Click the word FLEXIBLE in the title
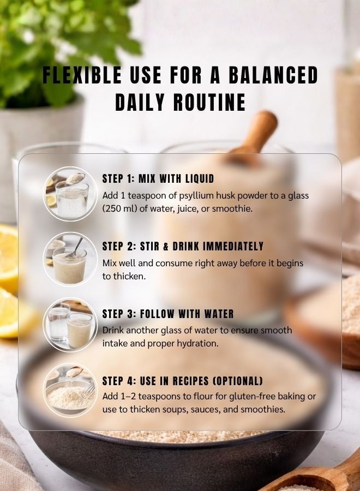[x=82, y=75]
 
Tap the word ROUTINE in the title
[x=209, y=102]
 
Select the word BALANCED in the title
[x=273, y=75]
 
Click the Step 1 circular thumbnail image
[x=70, y=194]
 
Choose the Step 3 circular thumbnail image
[x=70, y=326]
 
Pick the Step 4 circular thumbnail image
[x=70, y=390]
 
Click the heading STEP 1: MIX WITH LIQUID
[x=158, y=179]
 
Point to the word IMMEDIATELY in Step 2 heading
[x=233, y=247]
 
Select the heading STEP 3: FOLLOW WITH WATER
[x=168, y=314]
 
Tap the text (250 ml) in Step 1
[x=120, y=208]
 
